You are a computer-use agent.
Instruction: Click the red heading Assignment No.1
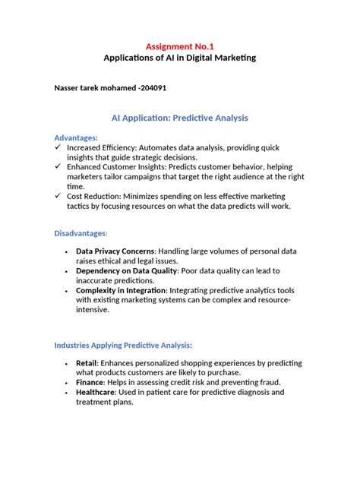pyautogui.click(x=179, y=46)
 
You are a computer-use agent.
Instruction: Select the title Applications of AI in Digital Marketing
pyautogui.click(x=179, y=58)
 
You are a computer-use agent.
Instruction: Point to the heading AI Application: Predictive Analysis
pyautogui.click(x=179, y=118)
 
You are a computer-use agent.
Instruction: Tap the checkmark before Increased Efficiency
pyautogui.click(x=58, y=147)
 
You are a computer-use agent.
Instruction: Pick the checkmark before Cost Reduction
pyautogui.click(x=58, y=195)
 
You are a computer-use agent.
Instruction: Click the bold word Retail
pyautogui.click(x=86, y=364)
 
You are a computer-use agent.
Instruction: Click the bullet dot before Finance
pyautogui.click(x=67, y=383)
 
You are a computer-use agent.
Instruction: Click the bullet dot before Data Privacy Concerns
pyautogui.click(x=67, y=251)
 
